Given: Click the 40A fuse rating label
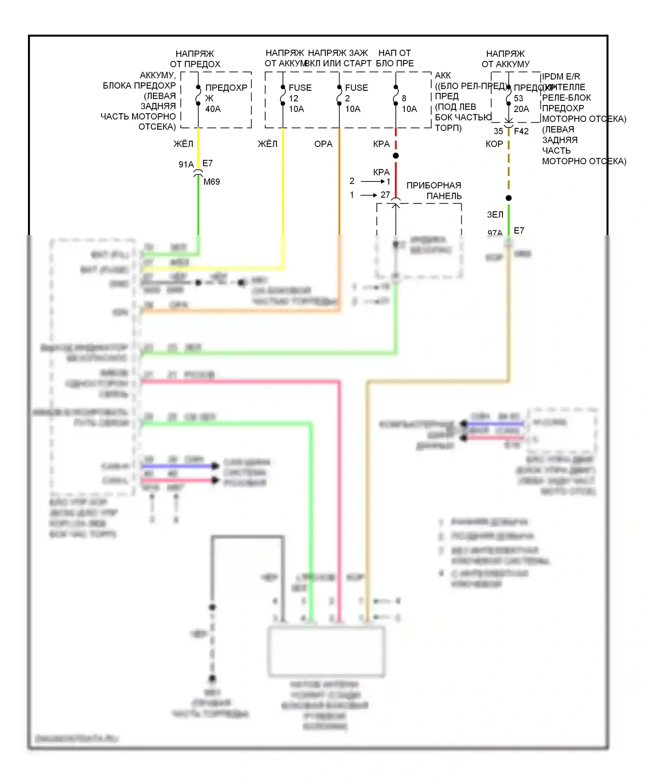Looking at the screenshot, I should pyautogui.click(x=213, y=109).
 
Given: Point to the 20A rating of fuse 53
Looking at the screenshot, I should pyautogui.click(x=521, y=109).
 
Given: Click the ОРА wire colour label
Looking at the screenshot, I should pyautogui.click(x=323, y=144).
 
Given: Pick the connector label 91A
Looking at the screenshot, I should pyautogui.click(x=186, y=164).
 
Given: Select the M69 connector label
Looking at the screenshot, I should pyautogui.click(x=212, y=182).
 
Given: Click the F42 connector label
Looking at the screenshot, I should pyautogui.click(x=521, y=131).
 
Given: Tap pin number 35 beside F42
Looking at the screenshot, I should pyautogui.click(x=498, y=131).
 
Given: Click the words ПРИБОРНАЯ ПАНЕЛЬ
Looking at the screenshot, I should pyautogui.click(x=434, y=191).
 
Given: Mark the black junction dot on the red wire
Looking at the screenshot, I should pyautogui.click(x=396, y=156).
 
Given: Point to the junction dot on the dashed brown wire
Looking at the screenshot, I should pyautogui.click(x=508, y=198).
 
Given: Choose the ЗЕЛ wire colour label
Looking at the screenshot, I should pyautogui.click(x=495, y=214).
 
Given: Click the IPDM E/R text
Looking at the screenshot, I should pyautogui.click(x=561, y=76).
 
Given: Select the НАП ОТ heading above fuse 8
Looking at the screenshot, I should pyautogui.click(x=394, y=53).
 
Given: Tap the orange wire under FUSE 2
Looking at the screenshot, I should pyautogui.click(x=339, y=182).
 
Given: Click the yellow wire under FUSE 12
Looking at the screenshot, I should pyautogui.click(x=283, y=182).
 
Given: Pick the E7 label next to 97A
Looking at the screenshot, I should pyautogui.click(x=519, y=231).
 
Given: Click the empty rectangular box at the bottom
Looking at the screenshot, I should pyautogui.click(x=326, y=651).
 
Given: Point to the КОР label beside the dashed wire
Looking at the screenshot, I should pyautogui.click(x=494, y=144).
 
